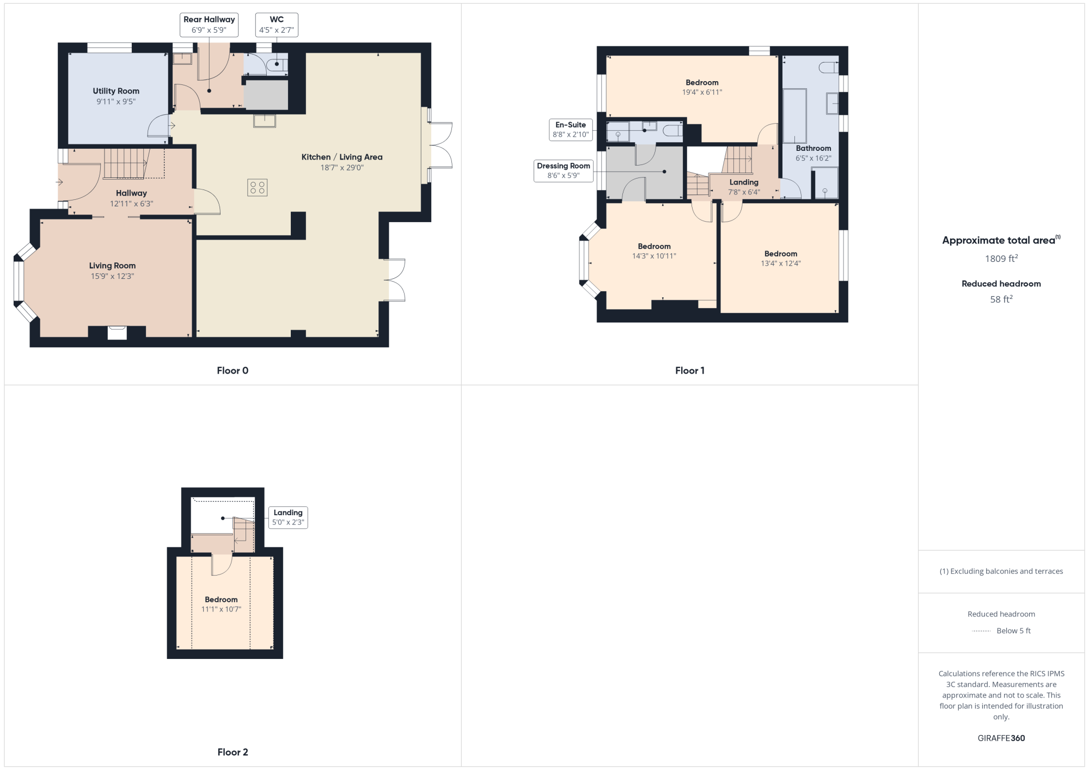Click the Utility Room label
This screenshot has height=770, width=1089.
pos(116,91)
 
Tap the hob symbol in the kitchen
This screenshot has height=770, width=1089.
pos(257,188)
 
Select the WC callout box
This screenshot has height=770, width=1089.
pos(277,25)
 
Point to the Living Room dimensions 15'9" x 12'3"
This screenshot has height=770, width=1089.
pos(112,276)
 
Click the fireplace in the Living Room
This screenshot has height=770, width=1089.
pos(117,333)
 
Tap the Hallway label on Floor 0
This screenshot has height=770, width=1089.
pos(131,193)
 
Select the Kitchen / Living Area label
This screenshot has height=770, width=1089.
pos(342,157)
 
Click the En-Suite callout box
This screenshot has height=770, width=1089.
pos(571,130)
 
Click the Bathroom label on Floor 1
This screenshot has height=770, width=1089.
pos(813,148)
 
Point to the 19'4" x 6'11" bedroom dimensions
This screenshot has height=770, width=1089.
pos(702,93)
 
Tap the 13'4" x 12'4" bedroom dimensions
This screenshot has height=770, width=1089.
pos(781,264)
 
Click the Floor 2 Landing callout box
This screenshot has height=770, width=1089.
pos(288,517)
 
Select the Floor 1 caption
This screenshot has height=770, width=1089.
pos(690,371)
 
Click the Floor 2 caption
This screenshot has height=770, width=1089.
pos(233,752)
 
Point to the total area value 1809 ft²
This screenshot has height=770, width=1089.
pos(1001,259)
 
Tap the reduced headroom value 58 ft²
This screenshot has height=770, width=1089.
pos(1001,299)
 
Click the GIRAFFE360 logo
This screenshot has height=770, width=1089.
pos(1001,738)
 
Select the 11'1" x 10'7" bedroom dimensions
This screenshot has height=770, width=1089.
pos(221,609)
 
